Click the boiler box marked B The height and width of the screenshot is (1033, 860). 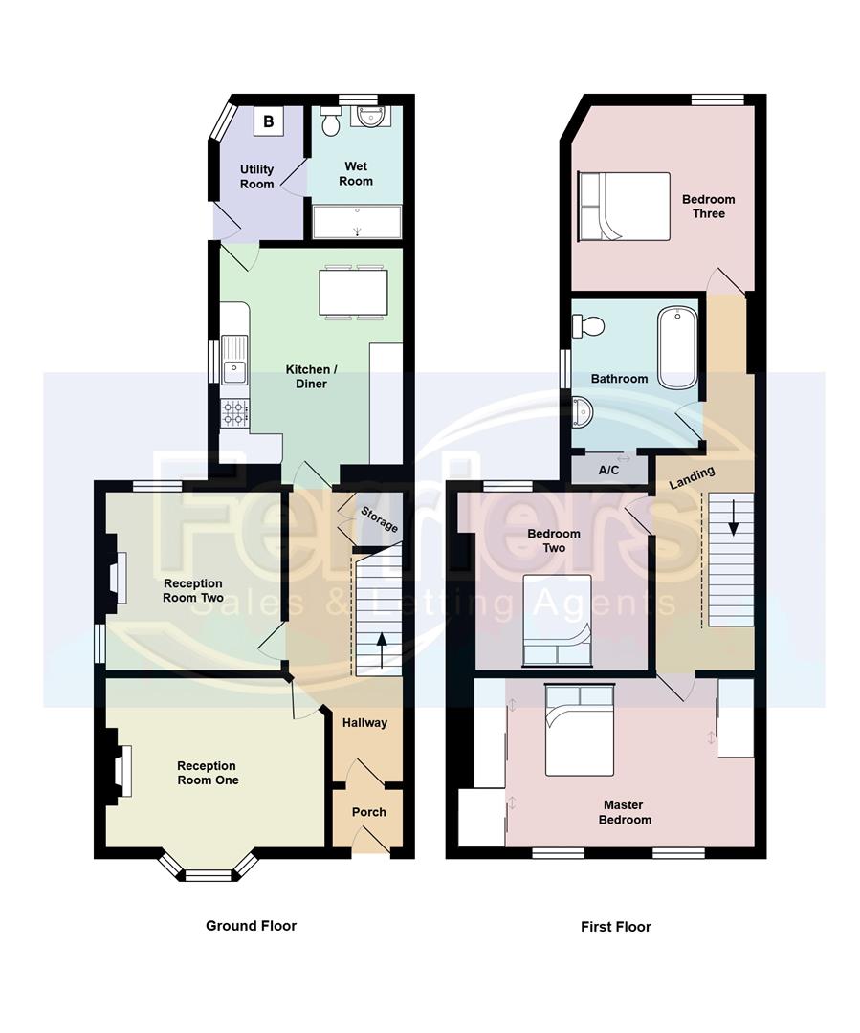[269, 121]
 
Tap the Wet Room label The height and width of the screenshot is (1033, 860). [356, 174]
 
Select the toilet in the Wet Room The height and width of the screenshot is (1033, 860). [331, 121]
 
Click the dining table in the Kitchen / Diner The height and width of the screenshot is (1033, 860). [354, 291]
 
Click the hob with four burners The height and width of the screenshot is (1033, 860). [235, 412]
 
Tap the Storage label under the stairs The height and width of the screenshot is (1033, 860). [379, 519]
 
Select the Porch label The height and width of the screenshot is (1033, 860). [369, 812]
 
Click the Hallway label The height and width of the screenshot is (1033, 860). [365, 723]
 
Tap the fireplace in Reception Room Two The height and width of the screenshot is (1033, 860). [115, 581]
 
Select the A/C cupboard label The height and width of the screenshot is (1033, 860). [608, 470]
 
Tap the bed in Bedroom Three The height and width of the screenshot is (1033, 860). [624, 206]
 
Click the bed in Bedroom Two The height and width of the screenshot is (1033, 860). [558, 621]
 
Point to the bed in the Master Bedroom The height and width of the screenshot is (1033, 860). [579, 730]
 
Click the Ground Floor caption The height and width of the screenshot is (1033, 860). [251, 926]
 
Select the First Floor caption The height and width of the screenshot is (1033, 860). [616, 927]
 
